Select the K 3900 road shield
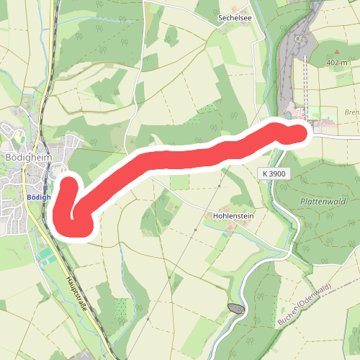point(274,174)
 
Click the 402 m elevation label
point(336,63)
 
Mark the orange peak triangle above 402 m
point(336,53)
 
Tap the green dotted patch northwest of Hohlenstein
point(207,109)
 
